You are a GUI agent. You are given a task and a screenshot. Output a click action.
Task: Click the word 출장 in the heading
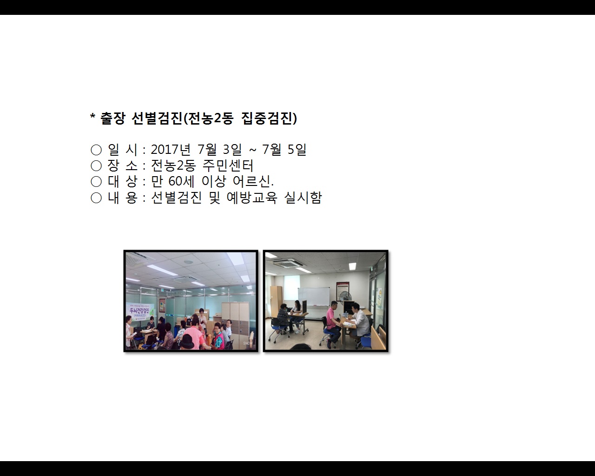112,119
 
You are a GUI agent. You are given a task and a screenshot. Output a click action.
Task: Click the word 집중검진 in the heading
269,119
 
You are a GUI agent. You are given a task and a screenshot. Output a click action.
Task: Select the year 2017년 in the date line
171,150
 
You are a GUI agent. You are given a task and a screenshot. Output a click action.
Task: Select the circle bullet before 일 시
96,150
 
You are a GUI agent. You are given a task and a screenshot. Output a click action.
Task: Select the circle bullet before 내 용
96,198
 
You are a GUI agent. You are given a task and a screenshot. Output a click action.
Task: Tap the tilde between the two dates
252,150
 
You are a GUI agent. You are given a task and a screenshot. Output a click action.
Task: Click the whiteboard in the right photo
313,297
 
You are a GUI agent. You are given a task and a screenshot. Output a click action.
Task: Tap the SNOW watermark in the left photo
247,344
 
